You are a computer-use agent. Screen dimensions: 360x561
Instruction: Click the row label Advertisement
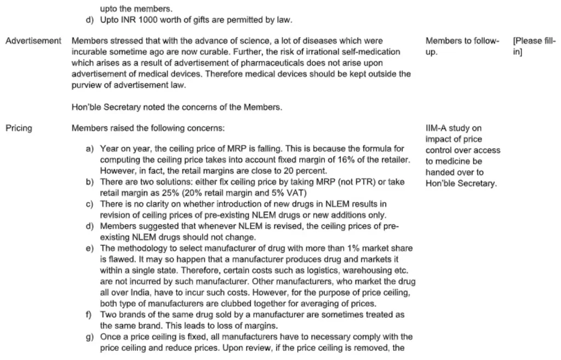click(x=33, y=41)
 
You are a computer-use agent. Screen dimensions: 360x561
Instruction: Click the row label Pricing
click(x=19, y=128)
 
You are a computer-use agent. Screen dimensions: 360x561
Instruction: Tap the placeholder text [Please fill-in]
click(x=533, y=47)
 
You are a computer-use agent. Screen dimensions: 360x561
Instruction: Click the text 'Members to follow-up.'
click(x=462, y=47)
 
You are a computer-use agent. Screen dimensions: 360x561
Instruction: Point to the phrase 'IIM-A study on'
click(x=453, y=128)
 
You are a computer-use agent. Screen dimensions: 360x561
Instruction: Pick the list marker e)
click(x=90, y=248)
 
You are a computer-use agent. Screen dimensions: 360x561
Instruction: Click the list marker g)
click(x=90, y=337)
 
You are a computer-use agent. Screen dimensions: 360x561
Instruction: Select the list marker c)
click(x=90, y=204)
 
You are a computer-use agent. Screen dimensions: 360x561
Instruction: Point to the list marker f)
click(x=89, y=315)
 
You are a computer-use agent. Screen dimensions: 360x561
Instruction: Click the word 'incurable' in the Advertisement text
click(x=90, y=52)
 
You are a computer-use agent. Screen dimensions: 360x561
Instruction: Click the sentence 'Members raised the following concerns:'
click(x=148, y=128)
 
